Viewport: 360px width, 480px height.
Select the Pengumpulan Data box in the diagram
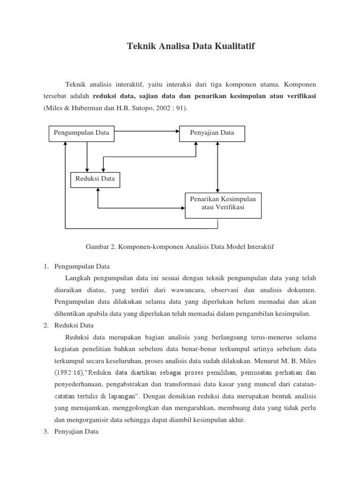(82, 133)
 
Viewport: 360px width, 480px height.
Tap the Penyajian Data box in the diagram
(212, 133)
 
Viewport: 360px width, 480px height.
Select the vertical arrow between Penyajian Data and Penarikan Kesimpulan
(217, 166)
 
